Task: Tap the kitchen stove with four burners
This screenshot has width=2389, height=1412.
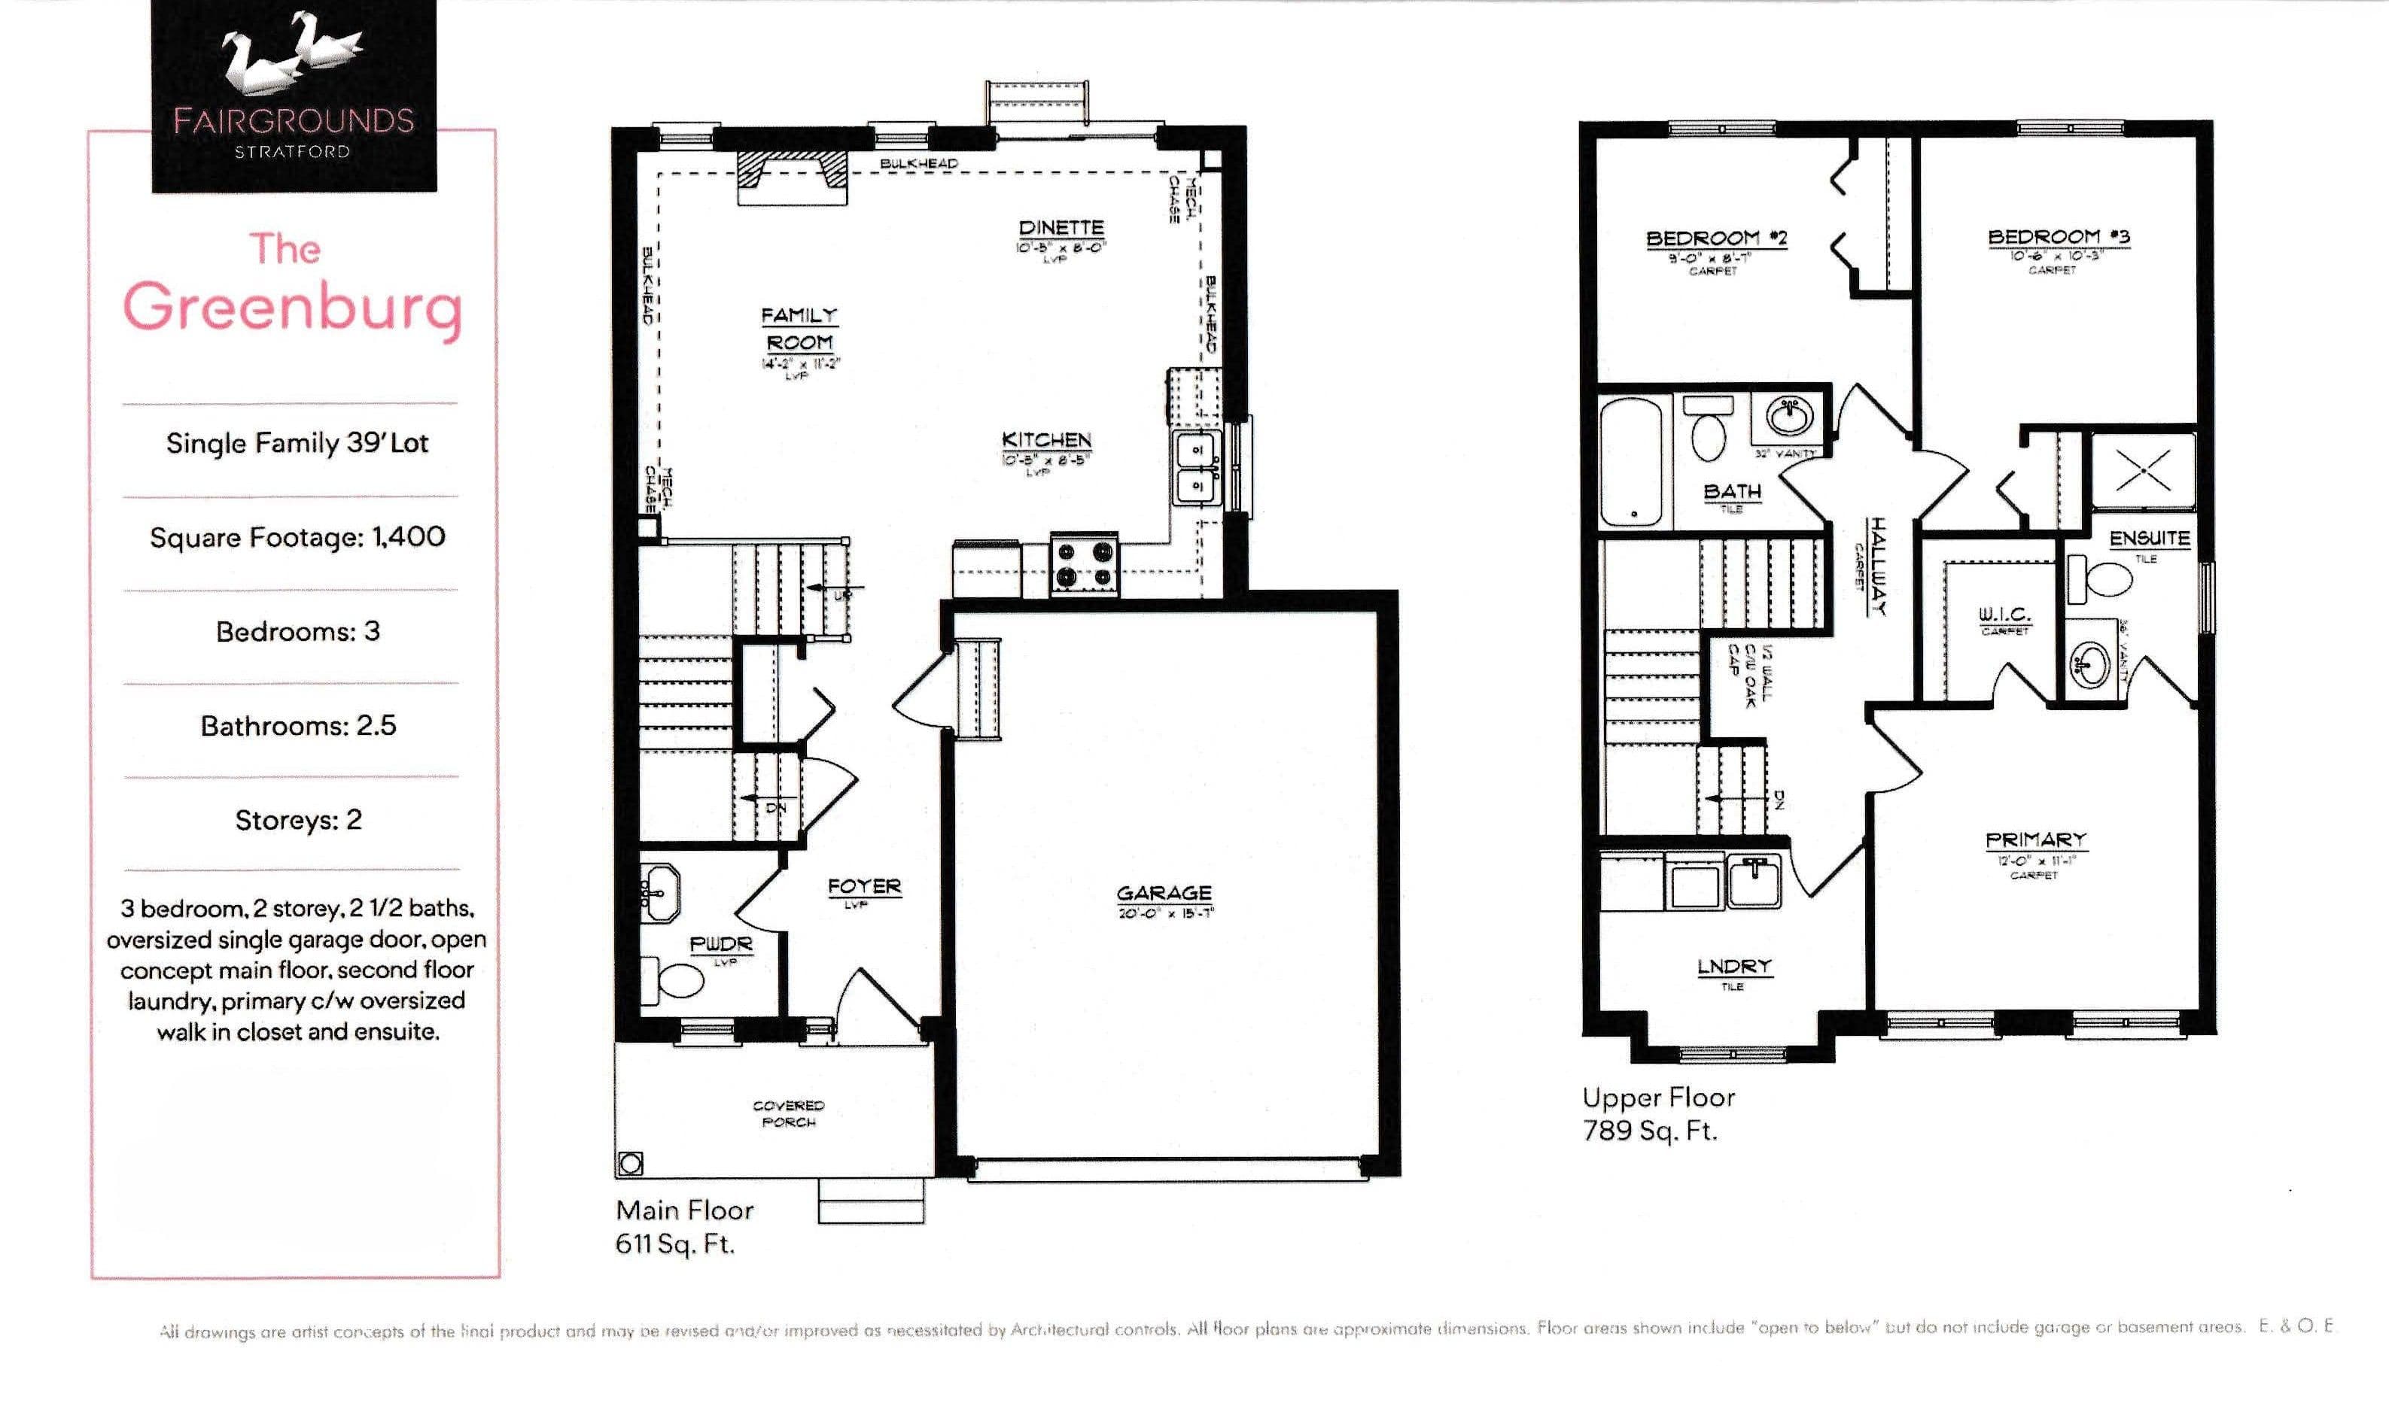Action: click(1084, 564)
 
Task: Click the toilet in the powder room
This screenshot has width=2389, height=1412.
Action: click(675, 979)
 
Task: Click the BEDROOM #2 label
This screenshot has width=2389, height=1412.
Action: click(1716, 238)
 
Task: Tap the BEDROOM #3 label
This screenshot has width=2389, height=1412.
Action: click(2059, 237)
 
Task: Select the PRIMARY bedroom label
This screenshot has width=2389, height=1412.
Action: click(2036, 840)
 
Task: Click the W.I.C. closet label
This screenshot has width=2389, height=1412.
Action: click(2004, 615)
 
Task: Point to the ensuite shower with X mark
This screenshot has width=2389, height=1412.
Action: click(2142, 470)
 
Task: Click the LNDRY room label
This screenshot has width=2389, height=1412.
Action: click(1734, 967)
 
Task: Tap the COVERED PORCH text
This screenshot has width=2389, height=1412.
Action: click(788, 1113)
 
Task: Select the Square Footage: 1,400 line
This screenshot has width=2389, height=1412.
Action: click(297, 536)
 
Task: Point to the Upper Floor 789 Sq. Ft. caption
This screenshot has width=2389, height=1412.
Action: click(1658, 1113)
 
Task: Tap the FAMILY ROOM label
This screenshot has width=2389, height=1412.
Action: click(799, 328)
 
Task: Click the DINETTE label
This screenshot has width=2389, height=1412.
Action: click(1061, 227)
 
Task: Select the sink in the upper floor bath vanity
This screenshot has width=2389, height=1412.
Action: click(1789, 416)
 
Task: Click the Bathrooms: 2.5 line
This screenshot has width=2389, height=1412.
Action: click(298, 726)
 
